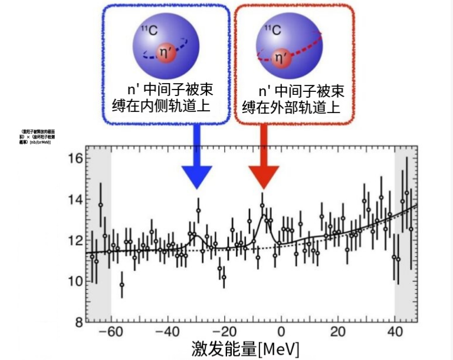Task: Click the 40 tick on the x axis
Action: [x=395, y=331]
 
